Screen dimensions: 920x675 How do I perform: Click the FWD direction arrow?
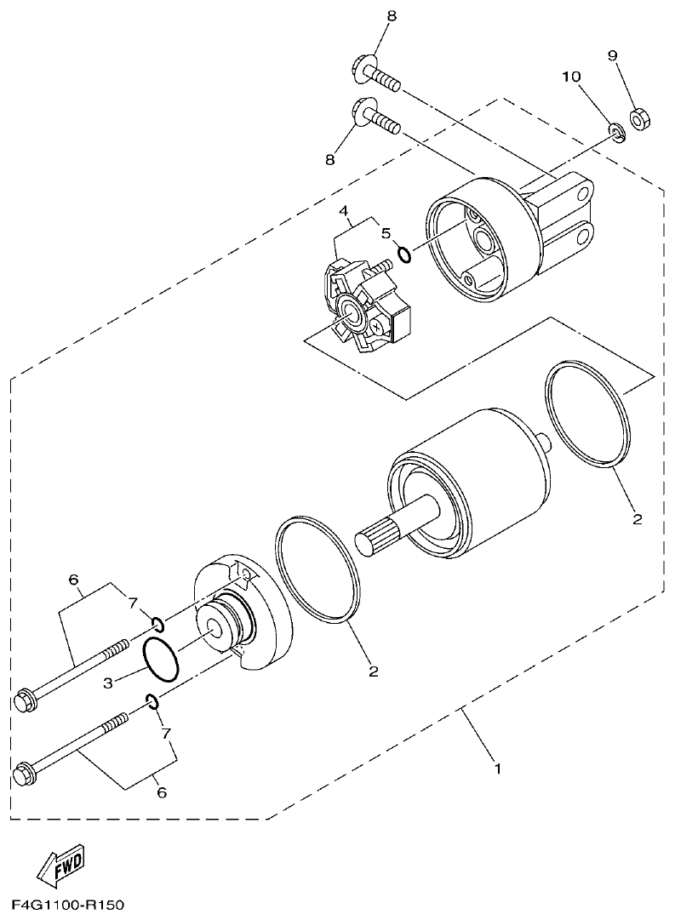[x=59, y=867]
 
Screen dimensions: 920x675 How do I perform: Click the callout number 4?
[x=344, y=210]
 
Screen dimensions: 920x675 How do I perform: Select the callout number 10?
[x=570, y=77]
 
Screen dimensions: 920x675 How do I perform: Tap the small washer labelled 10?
[x=615, y=132]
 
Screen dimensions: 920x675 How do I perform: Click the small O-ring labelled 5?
[x=404, y=253]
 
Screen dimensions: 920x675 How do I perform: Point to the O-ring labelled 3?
[x=160, y=660]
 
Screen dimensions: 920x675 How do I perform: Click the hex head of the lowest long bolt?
[x=25, y=776]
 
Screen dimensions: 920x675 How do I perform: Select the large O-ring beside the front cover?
[x=317, y=565]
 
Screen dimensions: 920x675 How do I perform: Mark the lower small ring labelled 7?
[x=152, y=701]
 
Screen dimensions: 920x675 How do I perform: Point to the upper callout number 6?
[x=74, y=580]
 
